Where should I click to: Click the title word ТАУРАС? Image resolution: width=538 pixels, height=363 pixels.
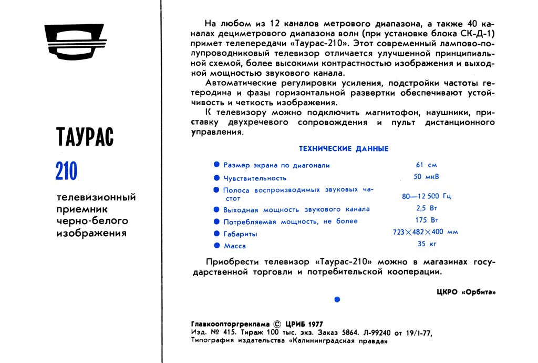coord(85,137)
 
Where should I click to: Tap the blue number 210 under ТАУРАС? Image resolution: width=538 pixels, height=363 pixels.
coord(66,170)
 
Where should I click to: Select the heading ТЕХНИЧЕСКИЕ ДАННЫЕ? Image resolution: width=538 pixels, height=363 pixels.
coord(344,149)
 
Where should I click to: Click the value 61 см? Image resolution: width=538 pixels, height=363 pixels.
coord(426,165)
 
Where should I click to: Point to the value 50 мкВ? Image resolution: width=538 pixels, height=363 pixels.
coord(427,177)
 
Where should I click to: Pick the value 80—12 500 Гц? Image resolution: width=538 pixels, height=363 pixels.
coord(426,196)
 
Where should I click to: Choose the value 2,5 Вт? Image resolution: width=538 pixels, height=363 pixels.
coord(427,208)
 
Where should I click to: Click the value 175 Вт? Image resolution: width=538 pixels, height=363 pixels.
coord(427,220)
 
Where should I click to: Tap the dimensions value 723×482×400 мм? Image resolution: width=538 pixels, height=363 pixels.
coord(426,232)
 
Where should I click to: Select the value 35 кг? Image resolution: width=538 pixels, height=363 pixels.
coord(427,244)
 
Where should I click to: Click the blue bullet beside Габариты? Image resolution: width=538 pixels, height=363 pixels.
coord(216,233)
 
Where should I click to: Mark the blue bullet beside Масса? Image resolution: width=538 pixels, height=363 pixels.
coord(216,245)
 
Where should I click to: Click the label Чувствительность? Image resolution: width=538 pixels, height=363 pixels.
coord(255,178)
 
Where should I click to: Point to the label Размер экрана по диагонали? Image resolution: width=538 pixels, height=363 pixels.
coord(276,165)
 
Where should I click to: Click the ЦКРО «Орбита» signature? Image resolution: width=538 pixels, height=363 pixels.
coord(465,292)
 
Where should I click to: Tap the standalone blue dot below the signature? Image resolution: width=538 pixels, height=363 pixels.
coord(337,299)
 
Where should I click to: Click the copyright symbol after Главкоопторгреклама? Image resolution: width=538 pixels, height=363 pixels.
coord(278,324)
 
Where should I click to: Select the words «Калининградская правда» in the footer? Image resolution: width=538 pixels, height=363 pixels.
coord(338,341)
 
